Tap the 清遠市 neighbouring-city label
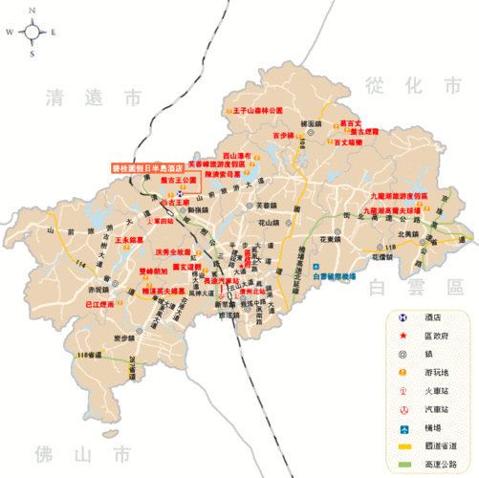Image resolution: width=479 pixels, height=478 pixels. click(x=93, y=97)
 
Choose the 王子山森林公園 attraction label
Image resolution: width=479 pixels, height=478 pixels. click(x=258, y=111)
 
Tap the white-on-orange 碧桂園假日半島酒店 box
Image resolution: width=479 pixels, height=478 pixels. click(x=146, y=166)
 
